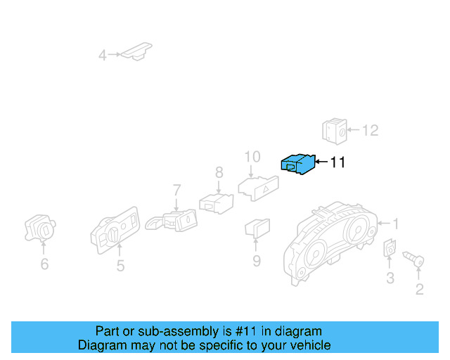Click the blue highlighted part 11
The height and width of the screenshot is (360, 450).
coord(297,164)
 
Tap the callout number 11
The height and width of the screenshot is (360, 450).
coord(337,162)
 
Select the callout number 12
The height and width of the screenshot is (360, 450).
coord(370,130)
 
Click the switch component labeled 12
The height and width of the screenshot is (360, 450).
coord(335,131)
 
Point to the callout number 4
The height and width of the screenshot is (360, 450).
coord(103,55)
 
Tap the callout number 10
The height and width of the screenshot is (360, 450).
coord(252,156)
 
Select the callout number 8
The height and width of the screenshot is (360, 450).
coord(219,172)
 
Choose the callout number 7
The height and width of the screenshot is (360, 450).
coord(176,190)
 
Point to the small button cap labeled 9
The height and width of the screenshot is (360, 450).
coord(256,228)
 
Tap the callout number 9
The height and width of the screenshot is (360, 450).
coord(257,261)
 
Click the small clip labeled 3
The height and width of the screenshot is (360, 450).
coord(389,248)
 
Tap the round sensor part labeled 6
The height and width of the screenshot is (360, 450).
coord(41,227)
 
